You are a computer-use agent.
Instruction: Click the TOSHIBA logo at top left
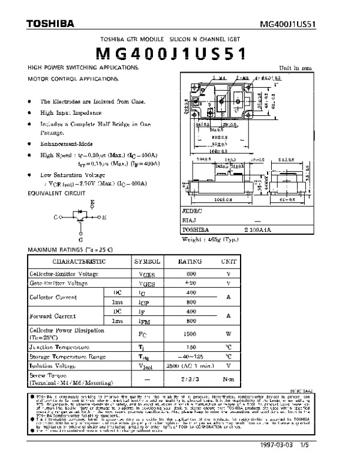coord(50,24)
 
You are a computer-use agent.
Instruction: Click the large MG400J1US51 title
coord(181,55)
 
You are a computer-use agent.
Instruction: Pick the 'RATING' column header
coord(191,262)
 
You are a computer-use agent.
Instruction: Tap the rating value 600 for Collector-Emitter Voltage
coord(191,273)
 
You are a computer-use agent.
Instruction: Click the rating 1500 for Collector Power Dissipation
coord(191,333)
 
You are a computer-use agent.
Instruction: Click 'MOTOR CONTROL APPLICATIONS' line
coord(73,79)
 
